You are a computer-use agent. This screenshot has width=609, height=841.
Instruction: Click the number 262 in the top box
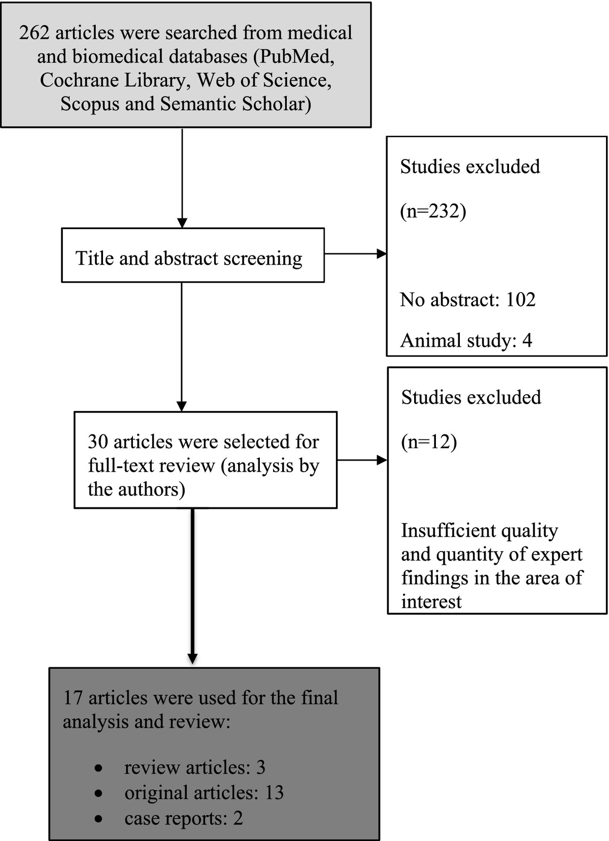[x=34, y=33]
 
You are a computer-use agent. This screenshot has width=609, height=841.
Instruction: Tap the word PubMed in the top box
[x=295, y=56]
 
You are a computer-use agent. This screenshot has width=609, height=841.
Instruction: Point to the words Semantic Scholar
[x=235, y=104]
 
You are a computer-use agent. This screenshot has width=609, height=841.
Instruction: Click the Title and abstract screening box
[x=192, y=255]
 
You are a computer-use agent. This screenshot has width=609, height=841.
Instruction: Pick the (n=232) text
[x=433, y=210]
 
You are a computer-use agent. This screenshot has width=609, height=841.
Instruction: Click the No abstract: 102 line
[x=467, y=300]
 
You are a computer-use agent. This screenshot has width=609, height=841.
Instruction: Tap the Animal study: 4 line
[x=466, y=340]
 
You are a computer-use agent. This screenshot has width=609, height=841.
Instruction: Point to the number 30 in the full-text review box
[x=98, y=441]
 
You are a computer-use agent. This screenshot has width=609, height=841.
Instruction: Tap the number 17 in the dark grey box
[x=73, y=698]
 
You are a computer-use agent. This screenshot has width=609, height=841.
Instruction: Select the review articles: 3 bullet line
[x=194, y=767]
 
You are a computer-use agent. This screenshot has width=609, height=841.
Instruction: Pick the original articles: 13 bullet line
[x=204, y=793]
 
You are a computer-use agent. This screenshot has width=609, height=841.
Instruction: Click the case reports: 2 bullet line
[x=183, y=818]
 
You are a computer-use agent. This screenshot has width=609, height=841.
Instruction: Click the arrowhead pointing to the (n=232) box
[x=381, y=254]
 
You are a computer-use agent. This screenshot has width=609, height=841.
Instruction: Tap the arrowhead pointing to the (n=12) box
[x=382, y=461]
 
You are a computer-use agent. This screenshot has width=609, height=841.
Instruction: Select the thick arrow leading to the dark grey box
[x=192, y=584]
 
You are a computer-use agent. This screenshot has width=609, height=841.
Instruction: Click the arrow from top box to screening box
[x=182, y=178]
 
